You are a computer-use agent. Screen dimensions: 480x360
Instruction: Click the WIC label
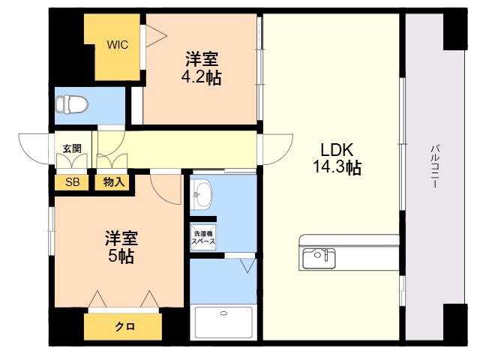(x=118, y=45)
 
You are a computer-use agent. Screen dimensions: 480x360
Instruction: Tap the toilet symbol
(x=72, y=104)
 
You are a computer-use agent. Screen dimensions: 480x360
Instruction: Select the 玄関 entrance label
(x=72, y=148)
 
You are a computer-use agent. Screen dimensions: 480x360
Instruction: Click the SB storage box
(x=72, y=182)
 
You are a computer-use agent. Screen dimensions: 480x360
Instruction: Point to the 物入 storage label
(x=114, y=182)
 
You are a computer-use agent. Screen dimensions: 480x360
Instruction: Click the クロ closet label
(x=125, y=327)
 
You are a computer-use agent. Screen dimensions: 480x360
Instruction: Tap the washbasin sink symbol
(x=200, y=194)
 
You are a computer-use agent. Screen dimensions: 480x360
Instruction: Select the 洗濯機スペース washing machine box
(x=203, y=238)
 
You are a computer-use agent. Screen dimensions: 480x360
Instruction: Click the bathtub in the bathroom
(x=223, y=322)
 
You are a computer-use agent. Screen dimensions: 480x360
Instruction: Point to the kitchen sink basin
(x=319, y=259)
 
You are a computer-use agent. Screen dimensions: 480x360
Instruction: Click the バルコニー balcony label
(x=435, y=166)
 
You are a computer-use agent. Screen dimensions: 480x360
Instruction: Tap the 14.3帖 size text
(x=337, y=167)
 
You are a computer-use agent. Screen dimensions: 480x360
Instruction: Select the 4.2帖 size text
(x=202, y=77)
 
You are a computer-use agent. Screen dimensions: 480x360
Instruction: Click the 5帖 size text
(x=121, y=256)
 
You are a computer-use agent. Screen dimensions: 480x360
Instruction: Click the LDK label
(x=337, y=150)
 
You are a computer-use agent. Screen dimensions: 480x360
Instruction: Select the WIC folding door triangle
(x=156, y=36)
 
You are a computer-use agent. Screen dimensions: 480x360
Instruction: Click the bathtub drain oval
(x=223, y=313)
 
